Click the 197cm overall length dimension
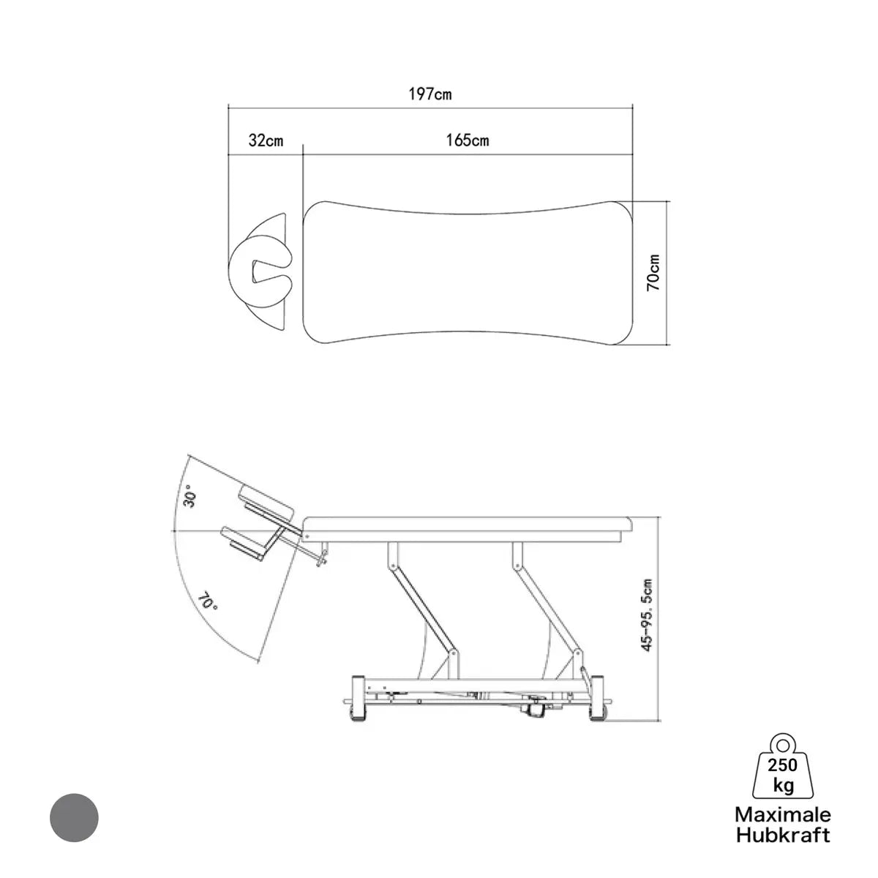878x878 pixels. pyautogui.click(x=429, y=94)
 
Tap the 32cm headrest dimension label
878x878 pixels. pyautogui.click(x=266, y=140)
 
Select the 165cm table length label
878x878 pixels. pyautogui.click(x=468, y=140)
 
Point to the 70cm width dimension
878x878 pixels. pyautogui.click(x=653, y=272)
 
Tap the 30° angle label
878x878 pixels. pyautogui.click(x=190, y=500)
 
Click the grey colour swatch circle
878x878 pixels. pyautogui.click(x=75, y=817)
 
